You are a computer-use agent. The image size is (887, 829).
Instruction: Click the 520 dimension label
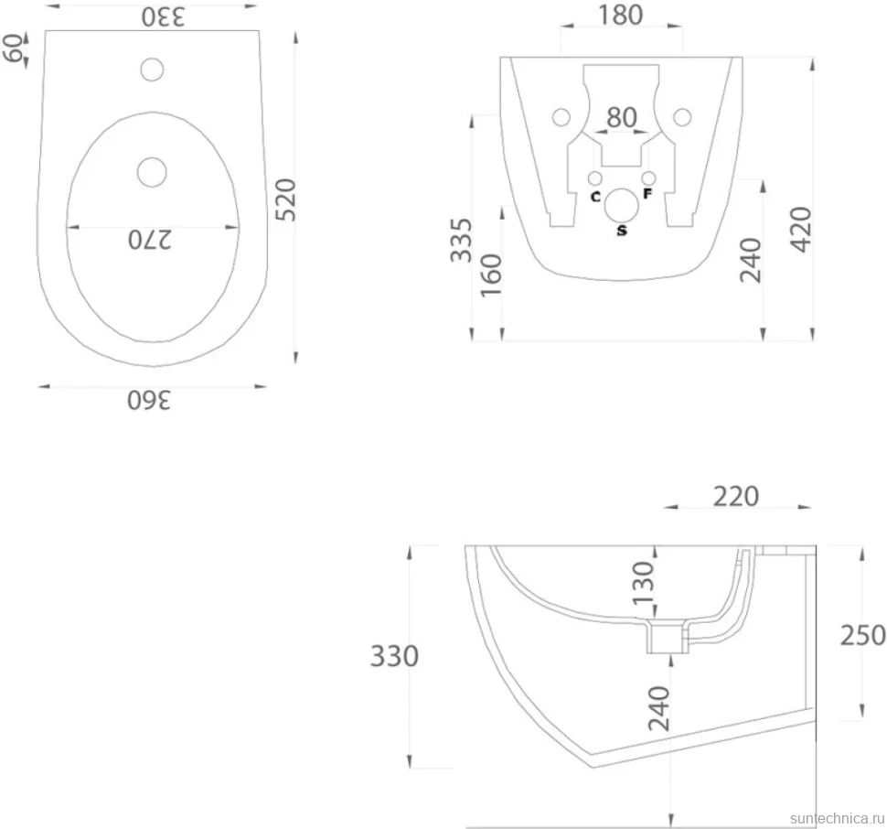tap(286, 199)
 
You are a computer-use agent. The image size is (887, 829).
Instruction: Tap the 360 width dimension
tap(149, 400)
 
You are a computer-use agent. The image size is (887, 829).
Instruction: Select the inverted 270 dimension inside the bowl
tap(149, 240)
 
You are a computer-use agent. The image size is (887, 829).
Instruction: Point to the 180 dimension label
tap(621, 16)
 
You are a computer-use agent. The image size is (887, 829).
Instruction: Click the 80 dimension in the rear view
tap(622, 117)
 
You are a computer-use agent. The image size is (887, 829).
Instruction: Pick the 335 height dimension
tap(461, 240)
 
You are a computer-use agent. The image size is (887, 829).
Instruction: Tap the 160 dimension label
tap(491, 275)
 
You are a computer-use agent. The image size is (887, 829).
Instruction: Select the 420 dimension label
tap(801, 229)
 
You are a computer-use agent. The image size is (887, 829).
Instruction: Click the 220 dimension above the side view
tap(735, 496)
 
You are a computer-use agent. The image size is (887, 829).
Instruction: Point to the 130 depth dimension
tap(643, 583)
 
